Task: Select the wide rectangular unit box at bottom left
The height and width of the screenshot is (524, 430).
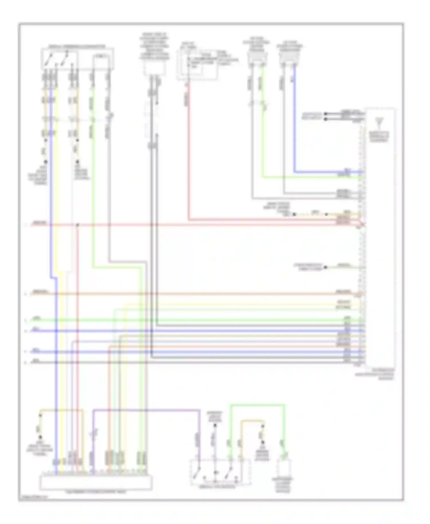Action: click(x=96, y=482)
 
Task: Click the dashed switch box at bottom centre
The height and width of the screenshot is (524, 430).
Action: click(x=220, y=472)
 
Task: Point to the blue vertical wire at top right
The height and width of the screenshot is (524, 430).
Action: click(x=294, y=120)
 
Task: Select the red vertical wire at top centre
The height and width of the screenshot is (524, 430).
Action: click(x=189, y=152)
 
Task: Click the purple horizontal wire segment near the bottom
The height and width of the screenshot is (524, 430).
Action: click(x=146, y=410)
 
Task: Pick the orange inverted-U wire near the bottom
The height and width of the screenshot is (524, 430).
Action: click(x=252, y=421)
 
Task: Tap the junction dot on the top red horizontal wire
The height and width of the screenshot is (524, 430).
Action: click(x=77, y=225)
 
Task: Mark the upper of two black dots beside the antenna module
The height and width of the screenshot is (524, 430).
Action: click(x=325, y=114)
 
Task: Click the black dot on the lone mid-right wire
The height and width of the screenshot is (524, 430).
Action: click(x=325, y=267)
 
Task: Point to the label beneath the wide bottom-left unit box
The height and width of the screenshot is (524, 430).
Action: click(x=96, y=492)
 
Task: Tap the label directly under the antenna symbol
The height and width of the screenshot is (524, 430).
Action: click(x=379, y=137)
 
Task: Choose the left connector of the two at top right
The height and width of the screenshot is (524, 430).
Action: click(x=257, y=59)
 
